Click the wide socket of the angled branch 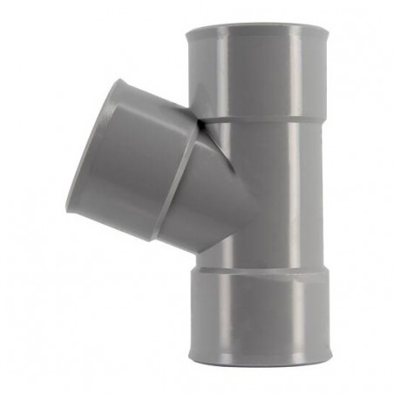131,166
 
